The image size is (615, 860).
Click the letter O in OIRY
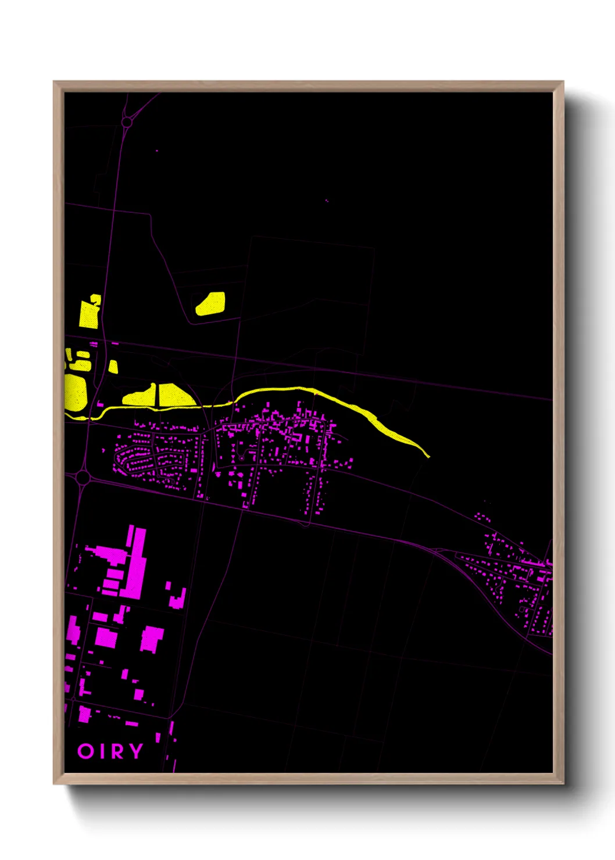[x=85, y=751]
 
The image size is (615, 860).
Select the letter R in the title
[x=118, y=751]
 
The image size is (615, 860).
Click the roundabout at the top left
[x=127, y=122]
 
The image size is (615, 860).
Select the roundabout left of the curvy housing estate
[x=83, y=478]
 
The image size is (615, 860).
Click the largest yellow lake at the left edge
[x=76, y=391]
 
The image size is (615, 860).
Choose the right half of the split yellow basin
[x=173, y=395]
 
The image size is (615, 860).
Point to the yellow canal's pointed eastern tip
[x=427, y=456]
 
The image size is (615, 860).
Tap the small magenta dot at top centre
[x=327, y=201]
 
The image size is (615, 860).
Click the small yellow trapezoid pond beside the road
[x=113, y=367]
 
